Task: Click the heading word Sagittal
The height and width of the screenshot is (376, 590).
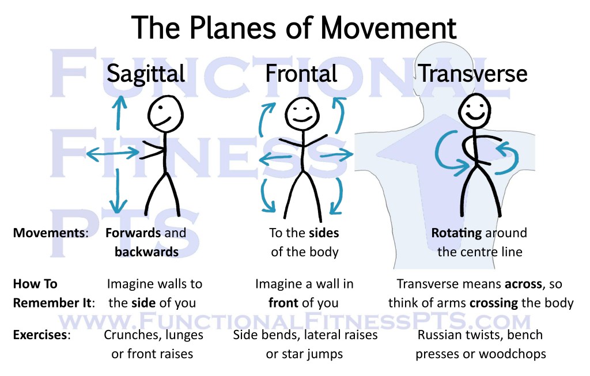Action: point(146,74)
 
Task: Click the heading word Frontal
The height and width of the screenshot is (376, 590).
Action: point(301,74)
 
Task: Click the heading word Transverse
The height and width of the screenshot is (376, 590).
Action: point(472,74)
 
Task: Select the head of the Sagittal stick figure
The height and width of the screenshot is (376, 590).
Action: point(165,113)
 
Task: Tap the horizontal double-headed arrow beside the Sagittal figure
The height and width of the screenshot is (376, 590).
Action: point(112,153)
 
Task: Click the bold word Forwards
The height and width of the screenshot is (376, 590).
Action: point(133,233)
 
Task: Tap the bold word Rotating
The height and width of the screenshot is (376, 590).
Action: point(457,233)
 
